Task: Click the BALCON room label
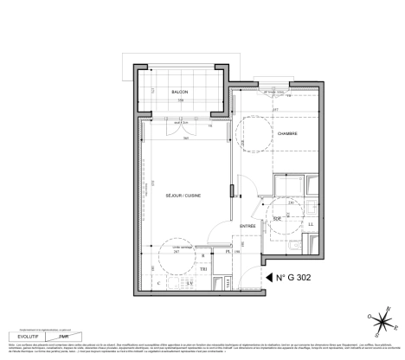180,91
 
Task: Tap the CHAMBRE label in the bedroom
287,134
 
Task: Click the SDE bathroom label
276,220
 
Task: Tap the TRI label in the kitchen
204,268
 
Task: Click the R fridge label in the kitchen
202,256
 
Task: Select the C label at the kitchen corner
158,283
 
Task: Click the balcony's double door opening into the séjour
180,122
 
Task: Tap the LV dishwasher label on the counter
190,283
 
